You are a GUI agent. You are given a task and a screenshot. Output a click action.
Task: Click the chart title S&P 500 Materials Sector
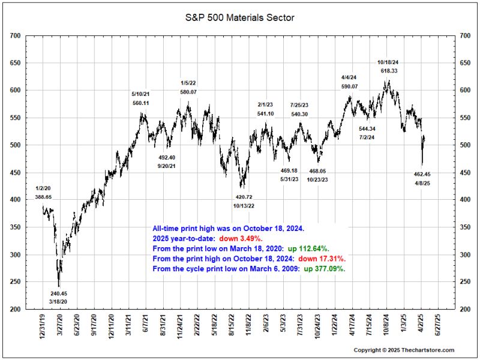239,18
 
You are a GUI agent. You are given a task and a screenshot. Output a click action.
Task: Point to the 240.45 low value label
59,293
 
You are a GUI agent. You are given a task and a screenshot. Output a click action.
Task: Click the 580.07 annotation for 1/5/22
189,92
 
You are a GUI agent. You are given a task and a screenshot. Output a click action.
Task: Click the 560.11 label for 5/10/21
140,103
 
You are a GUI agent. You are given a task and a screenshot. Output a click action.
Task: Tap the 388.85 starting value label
44,197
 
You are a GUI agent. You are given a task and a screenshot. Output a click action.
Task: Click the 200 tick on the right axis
465,310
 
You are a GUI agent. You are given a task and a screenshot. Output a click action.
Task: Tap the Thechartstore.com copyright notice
403,350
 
